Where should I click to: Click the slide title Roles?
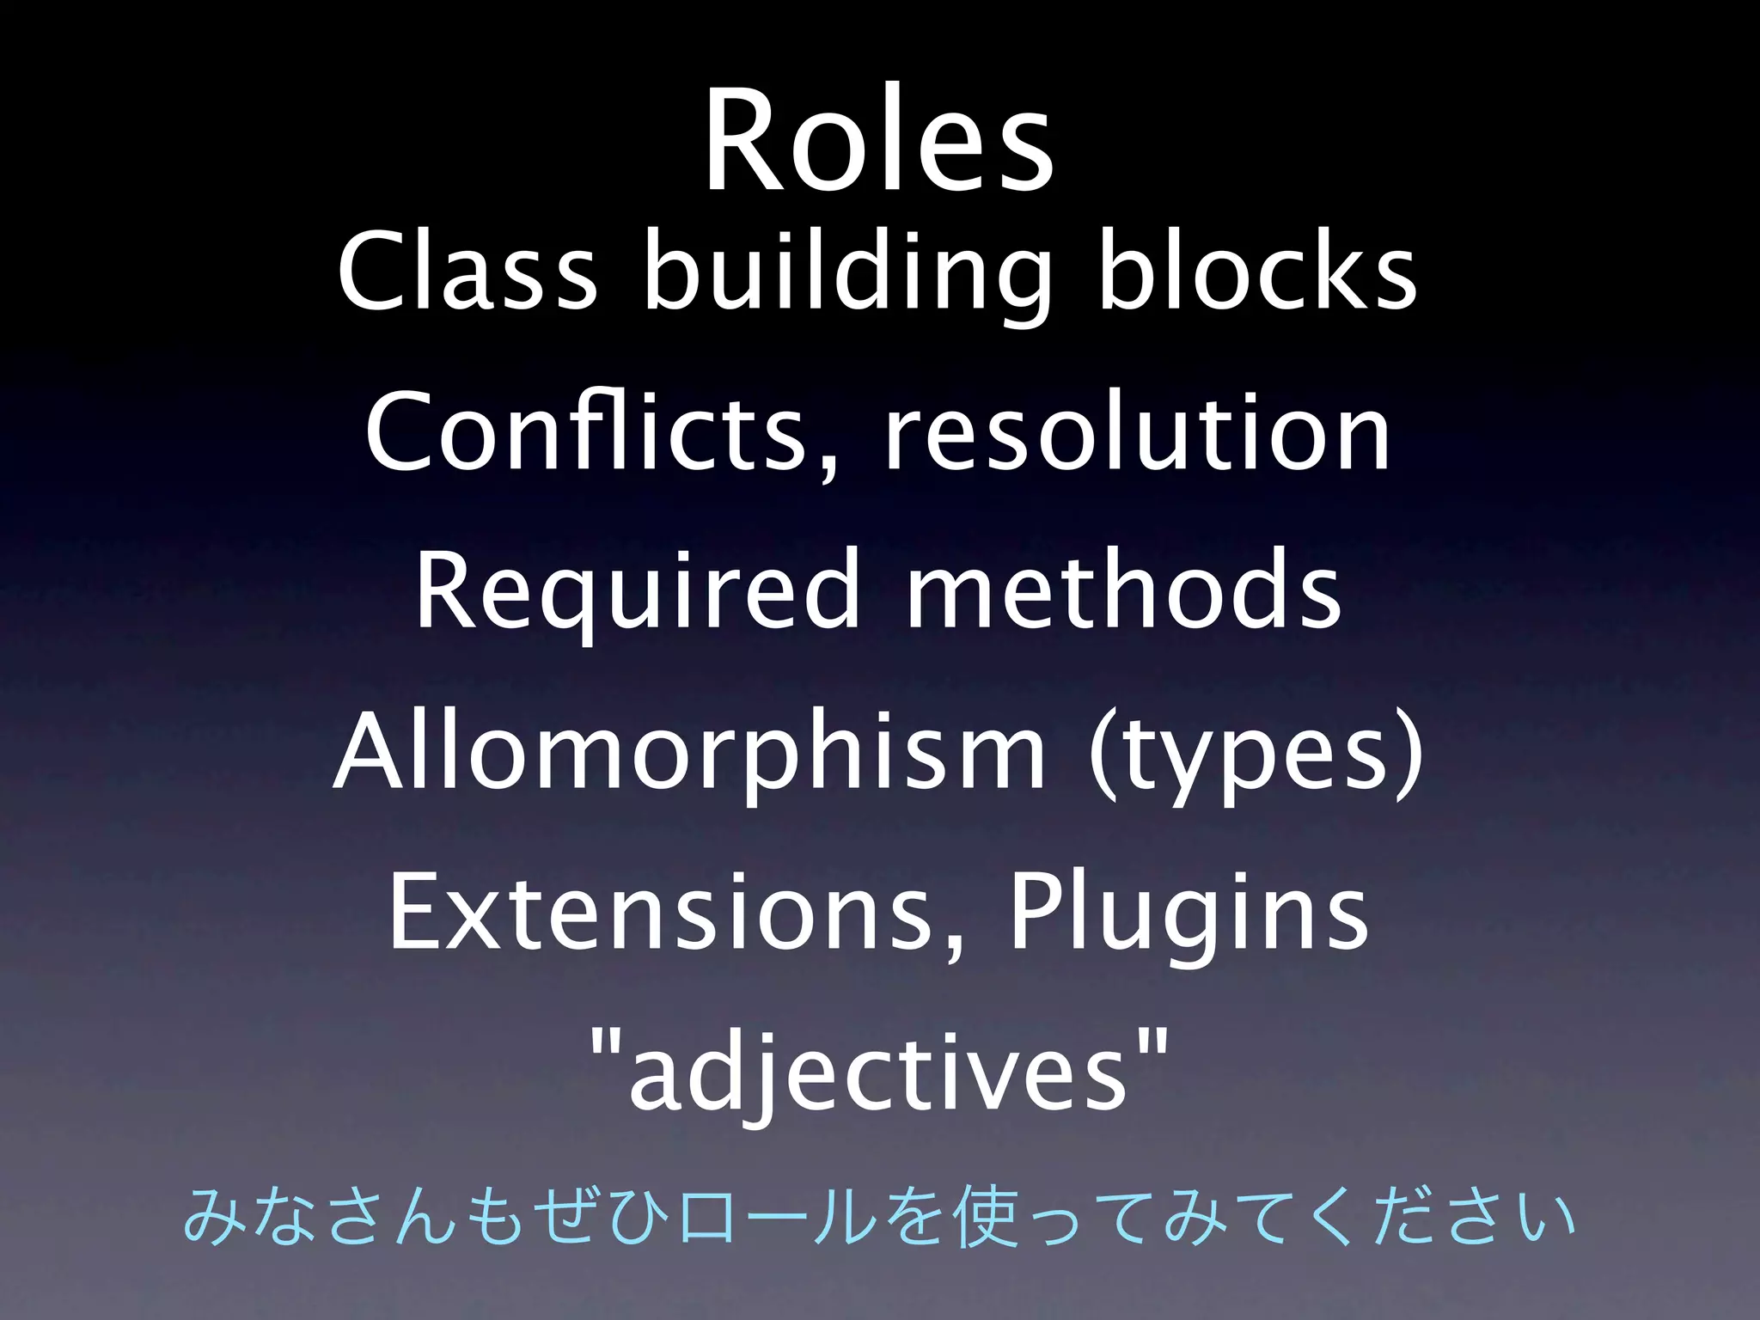point(878,139)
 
